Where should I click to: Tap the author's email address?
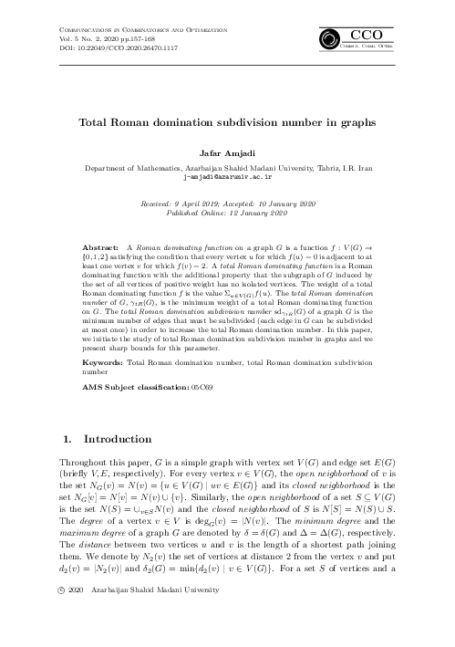coord(227,178)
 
